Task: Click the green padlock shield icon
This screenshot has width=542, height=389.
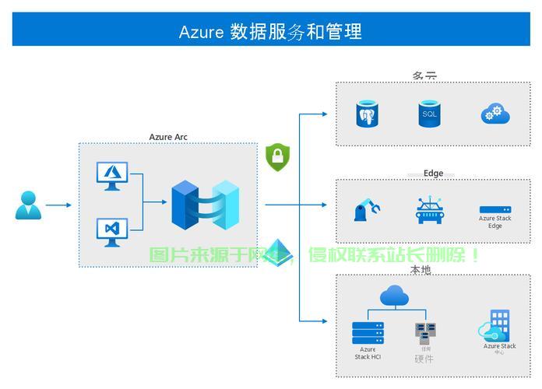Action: click(277, 157)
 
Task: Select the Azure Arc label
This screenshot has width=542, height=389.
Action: click(168, 137)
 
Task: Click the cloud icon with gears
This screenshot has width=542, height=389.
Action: click(494, 114)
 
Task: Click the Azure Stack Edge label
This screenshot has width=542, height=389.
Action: click(495, 222)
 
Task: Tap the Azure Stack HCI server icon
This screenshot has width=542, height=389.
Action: click(368, 333)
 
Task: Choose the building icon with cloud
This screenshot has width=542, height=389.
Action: click(495, 326)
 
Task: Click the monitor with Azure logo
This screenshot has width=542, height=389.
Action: click(111, 175)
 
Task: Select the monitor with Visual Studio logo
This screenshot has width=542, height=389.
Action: click(111, 231)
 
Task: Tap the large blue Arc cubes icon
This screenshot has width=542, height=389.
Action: click(205, 205)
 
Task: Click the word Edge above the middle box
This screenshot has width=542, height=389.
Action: click(433, 173)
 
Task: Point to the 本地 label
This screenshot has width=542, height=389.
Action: click(421, 269)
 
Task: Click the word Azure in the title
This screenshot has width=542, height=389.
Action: click(201, 32)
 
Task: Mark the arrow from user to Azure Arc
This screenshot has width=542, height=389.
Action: click(58, 205)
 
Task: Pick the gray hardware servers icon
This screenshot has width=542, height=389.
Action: click(424, 333)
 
